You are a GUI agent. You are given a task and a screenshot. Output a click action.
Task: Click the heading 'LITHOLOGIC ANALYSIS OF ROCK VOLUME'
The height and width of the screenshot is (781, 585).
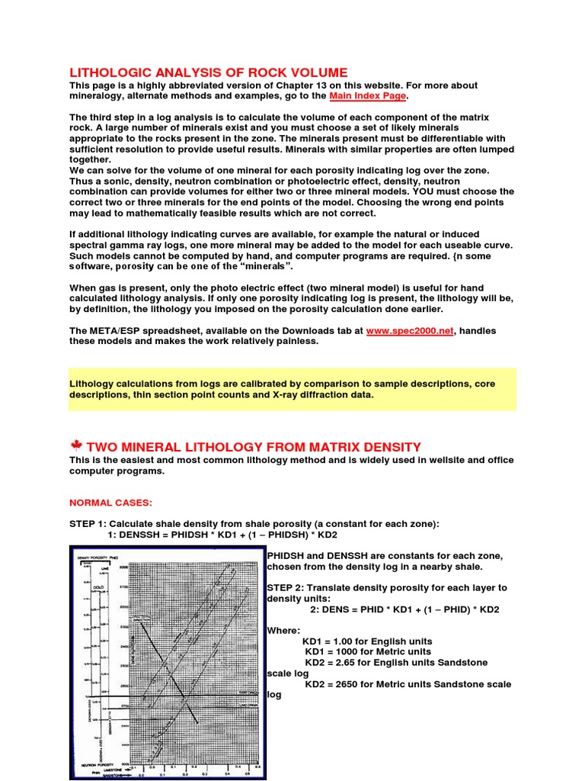click(209, 72)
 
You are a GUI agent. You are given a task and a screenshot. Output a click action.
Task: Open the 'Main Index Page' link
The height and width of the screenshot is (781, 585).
click(369, 97)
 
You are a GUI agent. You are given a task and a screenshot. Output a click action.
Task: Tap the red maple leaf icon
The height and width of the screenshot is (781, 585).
click(75, 445)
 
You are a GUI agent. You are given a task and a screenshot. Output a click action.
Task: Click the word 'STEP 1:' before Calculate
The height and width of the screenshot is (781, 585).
click(88, 524)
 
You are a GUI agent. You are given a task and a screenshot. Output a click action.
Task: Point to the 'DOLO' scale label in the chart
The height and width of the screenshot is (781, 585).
click(98, 588)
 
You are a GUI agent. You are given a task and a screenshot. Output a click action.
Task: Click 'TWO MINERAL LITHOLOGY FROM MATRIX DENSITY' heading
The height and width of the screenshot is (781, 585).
click(254, 446)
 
